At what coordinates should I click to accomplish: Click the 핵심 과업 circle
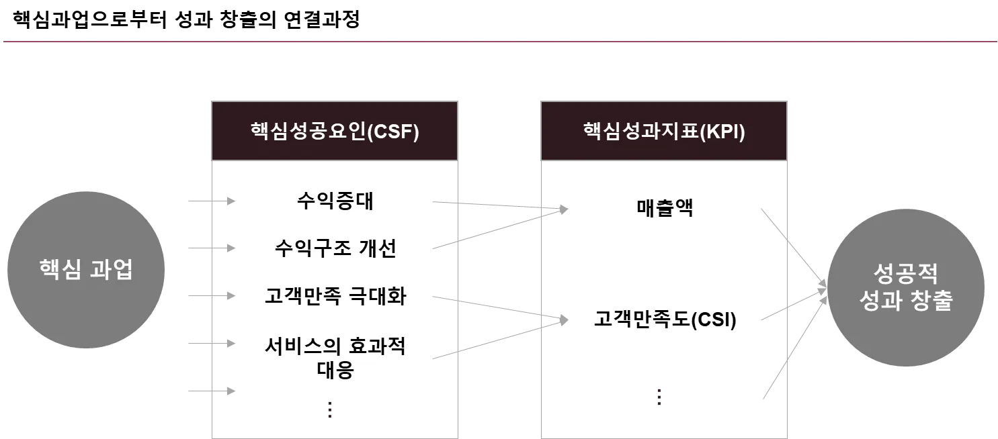coord(86,270)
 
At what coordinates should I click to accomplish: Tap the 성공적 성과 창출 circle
coord(905,287)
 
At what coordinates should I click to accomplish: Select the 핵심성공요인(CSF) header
coord(335,132)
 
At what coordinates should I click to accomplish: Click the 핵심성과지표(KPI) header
coord(664,132)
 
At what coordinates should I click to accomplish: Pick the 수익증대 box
coord(335,201)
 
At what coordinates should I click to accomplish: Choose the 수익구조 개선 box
coord(335,249)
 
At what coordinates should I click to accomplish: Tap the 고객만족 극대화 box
coord(335,297)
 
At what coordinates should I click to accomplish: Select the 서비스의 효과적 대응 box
coord(335,359)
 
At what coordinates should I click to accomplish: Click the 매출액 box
coord(663,209)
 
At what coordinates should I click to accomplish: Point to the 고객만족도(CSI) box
coord(663,319)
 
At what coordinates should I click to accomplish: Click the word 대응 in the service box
coord(335,370)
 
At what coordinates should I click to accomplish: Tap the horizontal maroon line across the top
coord(499,41)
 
